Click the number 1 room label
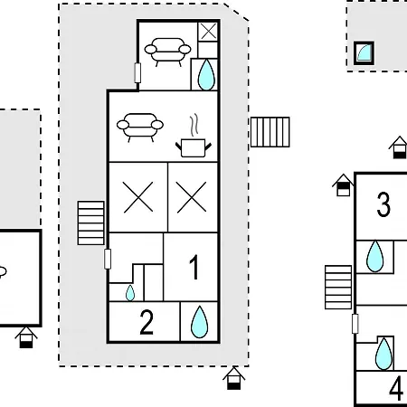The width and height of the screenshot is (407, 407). coord(194,267)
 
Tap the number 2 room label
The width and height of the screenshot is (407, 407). coord(147,322)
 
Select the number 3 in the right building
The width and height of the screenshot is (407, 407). coord(383,204)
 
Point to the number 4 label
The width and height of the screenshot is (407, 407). coord(396,388)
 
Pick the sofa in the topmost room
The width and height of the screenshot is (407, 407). coord(167,52)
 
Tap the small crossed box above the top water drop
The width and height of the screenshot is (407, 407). coord(208,32)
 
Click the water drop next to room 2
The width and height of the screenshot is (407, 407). coord(199,322)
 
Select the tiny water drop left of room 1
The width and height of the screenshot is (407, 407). coord(130,293)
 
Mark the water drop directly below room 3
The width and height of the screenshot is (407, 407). coord(375,256)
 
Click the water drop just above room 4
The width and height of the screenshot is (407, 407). coord(383,354)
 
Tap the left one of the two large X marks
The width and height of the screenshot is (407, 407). coord(138,197)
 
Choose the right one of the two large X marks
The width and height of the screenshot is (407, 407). coord(192,197)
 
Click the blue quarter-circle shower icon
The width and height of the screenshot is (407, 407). coord(364,53)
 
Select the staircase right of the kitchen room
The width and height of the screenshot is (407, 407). coord(270,132)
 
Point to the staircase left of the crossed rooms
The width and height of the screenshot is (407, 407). coord(90,222)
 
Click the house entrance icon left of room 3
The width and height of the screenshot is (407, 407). coord(343,185)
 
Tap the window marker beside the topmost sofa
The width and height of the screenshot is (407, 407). coord(137,72)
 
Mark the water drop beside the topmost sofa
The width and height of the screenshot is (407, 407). coord(206,75)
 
